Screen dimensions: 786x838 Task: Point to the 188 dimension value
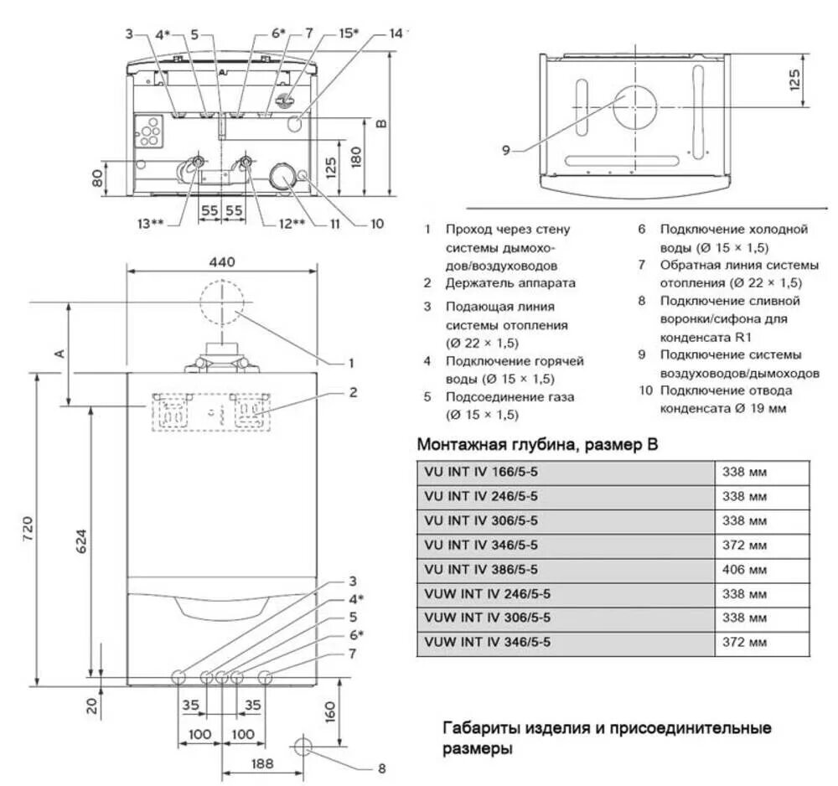pyautogui.click(x=263, y=764)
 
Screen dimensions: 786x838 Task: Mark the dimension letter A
pyautogui.click(x=59, y=354)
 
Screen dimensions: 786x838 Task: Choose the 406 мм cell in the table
pyautogui.click(x=744, y=570)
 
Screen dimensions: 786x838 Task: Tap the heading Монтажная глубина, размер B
pyautogui.click(x=536, y=445)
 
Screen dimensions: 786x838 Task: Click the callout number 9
pyautogui.click(x=505, y=151)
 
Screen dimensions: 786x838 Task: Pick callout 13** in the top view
pyautogui.click(x=151, y=224)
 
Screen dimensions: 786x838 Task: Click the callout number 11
pyautogui.click(x=334, y=224)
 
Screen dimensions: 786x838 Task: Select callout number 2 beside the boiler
pyautogui.click(x=354, y=391)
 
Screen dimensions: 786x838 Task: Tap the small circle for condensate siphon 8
pyautogui.click(x=303, y=745)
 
